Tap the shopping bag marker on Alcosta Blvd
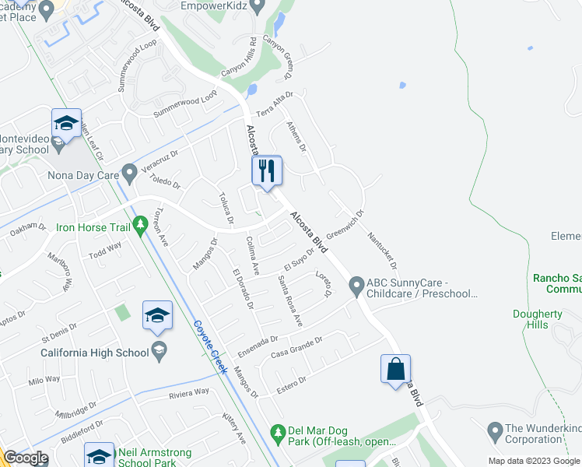pyautogui.click(x=395, y=368)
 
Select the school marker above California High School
pyautogui.click(x=157, y=315)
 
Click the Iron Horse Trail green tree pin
pyautogui.click(x=140, y=226)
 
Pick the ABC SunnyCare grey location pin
pyautogui.click(x=356, y=287)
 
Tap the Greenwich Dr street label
pyautogui.click(x=345, y=223)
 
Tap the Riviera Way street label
pyautogui.click(x=190, y=394)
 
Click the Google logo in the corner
pyautogui.click(x=26, y=458)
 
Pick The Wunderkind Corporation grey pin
pyautogui.click(x=493, y=429)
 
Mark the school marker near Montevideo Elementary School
pyautogui.click(x=67, y=123)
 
